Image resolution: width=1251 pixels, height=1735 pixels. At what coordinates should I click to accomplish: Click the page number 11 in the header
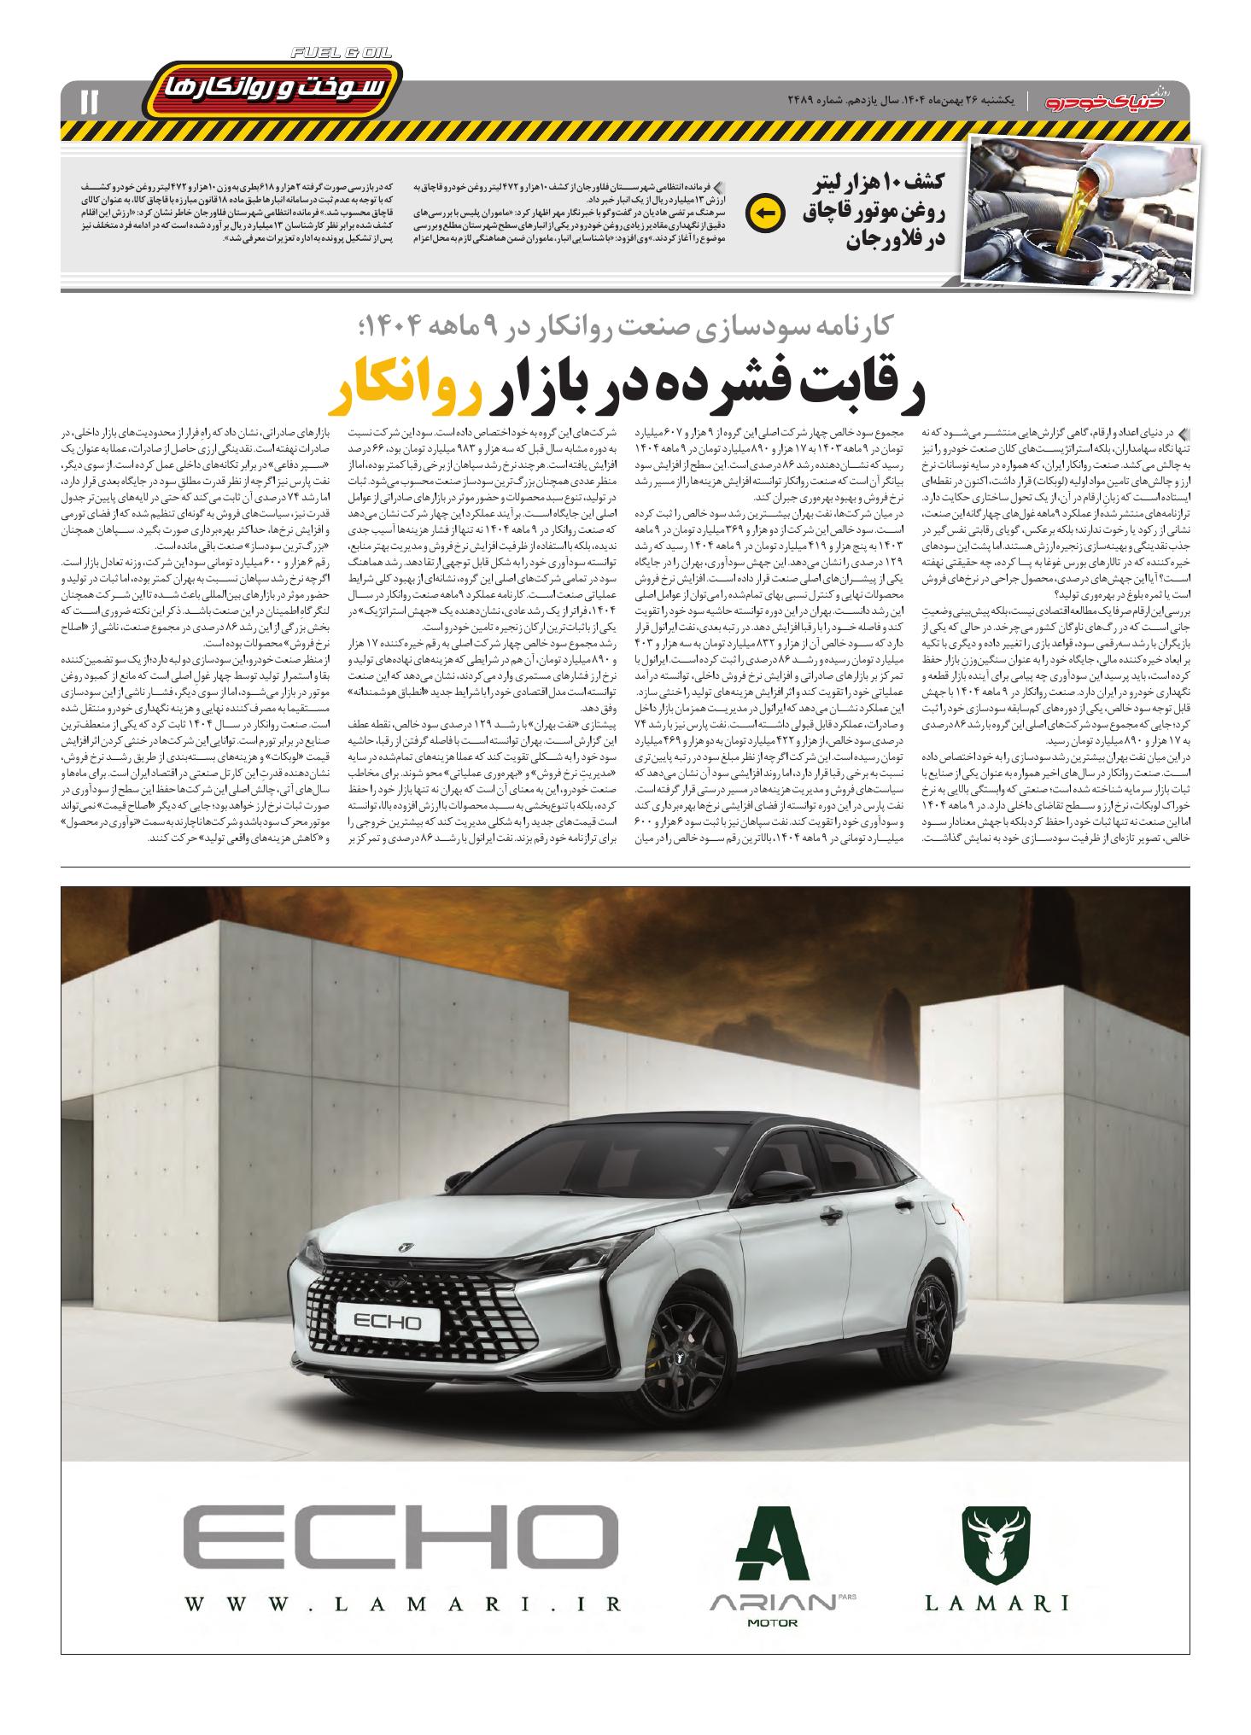point(89,102)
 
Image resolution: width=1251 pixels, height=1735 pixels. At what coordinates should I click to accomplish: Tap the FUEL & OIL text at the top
point(341,53)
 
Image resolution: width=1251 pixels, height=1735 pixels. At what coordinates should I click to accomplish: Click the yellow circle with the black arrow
point(762,214)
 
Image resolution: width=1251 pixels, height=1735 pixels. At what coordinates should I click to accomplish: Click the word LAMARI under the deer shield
point(997,1603)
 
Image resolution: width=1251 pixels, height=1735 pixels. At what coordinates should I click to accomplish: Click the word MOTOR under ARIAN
point(772,1622)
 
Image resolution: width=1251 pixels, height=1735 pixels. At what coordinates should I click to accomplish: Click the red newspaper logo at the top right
point(1114,102)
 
